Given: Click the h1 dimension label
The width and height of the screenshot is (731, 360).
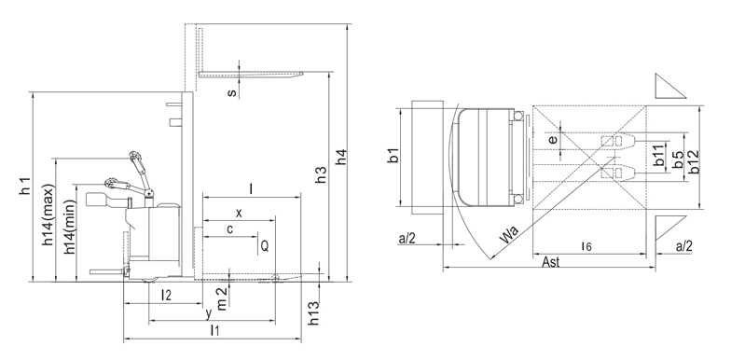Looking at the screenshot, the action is click(26, 187).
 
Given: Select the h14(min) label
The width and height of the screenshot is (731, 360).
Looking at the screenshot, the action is click(69, 228).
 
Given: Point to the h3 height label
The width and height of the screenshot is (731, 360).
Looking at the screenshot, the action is click(321, 173).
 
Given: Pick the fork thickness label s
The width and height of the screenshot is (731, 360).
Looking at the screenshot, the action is click(232, 93).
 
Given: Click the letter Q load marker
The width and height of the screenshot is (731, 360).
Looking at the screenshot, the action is click(265, 246).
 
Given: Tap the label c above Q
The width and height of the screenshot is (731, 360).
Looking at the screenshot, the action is click(229, 229).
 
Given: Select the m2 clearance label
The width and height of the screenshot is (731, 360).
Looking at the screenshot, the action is click(222, 298).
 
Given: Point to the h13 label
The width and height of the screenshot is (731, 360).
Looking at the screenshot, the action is click(315, 312).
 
